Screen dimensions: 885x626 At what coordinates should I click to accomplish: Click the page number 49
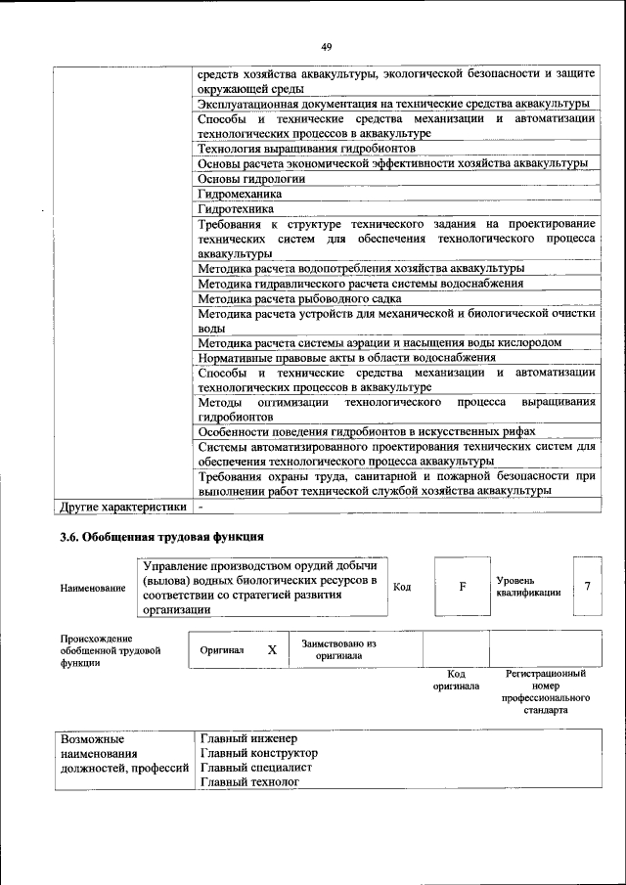(326, 45)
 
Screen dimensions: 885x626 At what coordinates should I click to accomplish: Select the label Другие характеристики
(122, 508)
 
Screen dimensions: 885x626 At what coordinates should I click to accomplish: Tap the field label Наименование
(93, 588)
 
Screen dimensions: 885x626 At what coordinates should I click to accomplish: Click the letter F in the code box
(462, 587)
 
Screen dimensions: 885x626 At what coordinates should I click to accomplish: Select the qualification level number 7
(587, 586)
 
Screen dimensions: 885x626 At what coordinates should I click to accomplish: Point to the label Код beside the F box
(401, 587)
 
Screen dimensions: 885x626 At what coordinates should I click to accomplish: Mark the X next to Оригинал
(272, 649)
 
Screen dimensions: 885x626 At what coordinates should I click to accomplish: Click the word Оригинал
(222, 649)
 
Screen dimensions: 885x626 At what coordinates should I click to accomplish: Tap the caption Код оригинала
(455, 680)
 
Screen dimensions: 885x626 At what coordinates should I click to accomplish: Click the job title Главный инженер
(247, 738)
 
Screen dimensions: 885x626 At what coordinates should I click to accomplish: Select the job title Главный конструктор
(258, 753)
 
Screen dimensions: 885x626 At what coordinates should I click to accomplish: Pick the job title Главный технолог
(248, 782)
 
